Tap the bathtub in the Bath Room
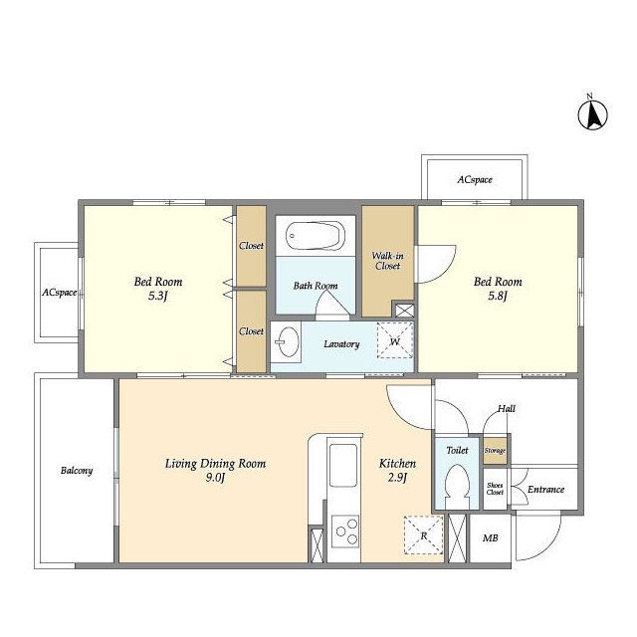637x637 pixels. click(316, 236)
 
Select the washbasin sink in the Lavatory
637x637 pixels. click(288, 342)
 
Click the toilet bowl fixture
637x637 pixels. click(457, 487)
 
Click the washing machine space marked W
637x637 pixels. click(395, 340)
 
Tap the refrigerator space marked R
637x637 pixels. click(423, 535)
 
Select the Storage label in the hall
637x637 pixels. click(495, 451)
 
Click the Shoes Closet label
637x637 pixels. click(495, 489)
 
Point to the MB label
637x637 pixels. click(490, 538)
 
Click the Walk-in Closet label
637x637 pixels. click(388, 261)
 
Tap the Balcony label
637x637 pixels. click(77, 471)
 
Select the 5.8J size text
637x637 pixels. click(498, 296)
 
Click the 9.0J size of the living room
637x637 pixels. click(215, 478)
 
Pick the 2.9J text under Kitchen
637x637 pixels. click(397, 478)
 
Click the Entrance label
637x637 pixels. click(545, 490)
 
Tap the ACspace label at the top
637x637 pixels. click(475, 179)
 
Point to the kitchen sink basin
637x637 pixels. click(343, 465)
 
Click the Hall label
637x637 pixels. click(507, 409)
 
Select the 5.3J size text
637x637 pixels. click(158, 296)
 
